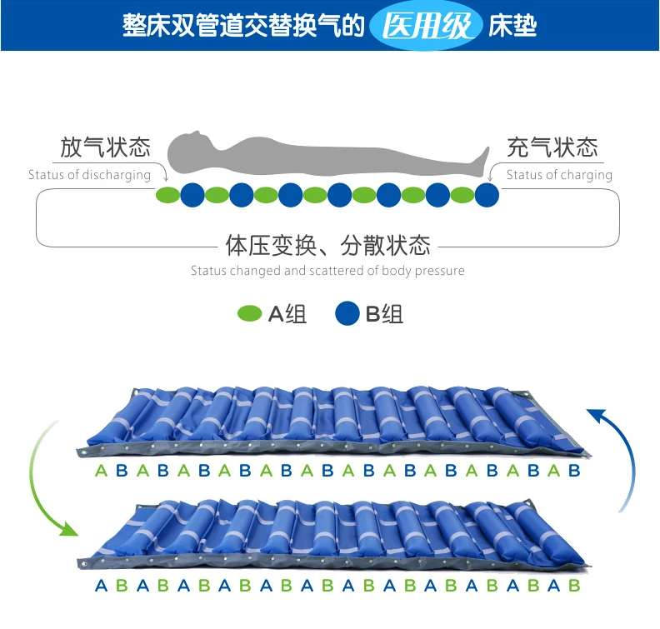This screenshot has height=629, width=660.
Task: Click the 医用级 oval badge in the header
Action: pyautogui.click(x=426, y=25)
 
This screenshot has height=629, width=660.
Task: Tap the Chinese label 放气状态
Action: pyautogui.click(x=105, y=147)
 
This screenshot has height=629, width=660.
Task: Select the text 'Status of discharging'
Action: pyautogui.click(x=89, y=175)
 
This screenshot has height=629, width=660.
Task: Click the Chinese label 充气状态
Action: pyautogui.click(x=552, y=147)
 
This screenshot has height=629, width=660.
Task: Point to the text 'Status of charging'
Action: pyautogui.click(x=559, y=175)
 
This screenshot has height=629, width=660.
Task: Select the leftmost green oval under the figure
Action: pyautogui.click(x=168, y=195)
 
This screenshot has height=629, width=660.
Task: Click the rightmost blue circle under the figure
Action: pyautogui.click(x=487, y=195)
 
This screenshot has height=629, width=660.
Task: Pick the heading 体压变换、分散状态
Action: pyautogui.click(x=328, y=245)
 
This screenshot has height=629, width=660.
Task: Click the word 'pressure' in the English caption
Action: pyautogui.click(x=440, y=271)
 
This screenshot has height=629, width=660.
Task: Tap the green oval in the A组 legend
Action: pyautogui.click(x=250, y=313)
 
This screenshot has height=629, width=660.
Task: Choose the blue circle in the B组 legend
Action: pyautogui.click(x=347, y=313)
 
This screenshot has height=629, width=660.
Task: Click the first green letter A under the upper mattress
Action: pyautogui.click(x=101, y=471)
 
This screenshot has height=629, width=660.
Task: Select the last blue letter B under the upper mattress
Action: pyautogui.click(x=574, y=471)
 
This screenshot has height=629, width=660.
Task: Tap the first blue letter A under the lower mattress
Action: pyautogui.click(x=101, y=585)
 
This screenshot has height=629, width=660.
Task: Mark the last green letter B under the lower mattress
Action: pyautogui.click(x=574, y=585)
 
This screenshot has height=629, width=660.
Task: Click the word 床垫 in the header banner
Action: pyautogui.click(x=512, y=26)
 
